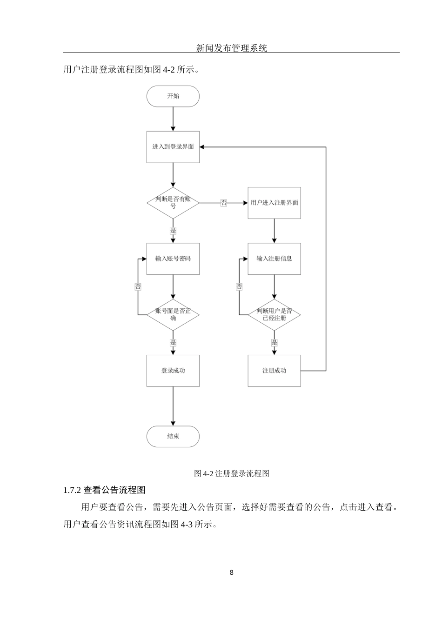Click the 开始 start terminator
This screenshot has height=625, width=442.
coord(173,96)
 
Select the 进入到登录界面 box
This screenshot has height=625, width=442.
coord(173,147)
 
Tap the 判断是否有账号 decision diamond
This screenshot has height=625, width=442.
coord(173,203)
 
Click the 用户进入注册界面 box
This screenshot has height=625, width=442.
coord(274,203)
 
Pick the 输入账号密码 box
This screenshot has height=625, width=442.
coord(173,259)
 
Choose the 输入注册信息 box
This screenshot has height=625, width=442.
coord(274,259)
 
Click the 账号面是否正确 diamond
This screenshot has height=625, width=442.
coord(173,315)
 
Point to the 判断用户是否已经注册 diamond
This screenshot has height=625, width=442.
coord(274,315)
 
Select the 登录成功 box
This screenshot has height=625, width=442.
coord(173,371)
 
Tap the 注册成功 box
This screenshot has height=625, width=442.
coord(274,371)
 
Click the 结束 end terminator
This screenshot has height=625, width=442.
coord(173,437)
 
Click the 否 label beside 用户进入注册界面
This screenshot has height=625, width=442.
coord(224,203)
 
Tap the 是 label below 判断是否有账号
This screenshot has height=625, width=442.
coord(173,231)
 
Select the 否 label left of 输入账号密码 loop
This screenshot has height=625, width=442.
coord(138,287)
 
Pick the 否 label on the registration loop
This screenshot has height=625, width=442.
coord(239,287)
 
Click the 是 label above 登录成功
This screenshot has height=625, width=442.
coord(173,343)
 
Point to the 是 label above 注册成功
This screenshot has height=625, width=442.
coord(274,343)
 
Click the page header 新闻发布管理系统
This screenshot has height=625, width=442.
coord(231,47)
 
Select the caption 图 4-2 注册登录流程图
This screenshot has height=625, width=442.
coord(231,473)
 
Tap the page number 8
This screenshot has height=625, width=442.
coord(231,572)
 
